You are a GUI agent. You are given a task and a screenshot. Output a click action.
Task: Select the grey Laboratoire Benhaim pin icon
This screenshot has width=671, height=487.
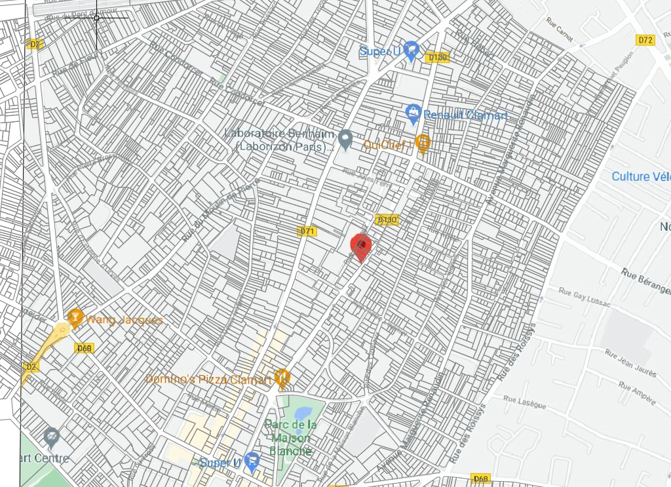pos(345,138)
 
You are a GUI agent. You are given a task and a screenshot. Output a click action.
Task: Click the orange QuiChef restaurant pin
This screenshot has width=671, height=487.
pos(423,142)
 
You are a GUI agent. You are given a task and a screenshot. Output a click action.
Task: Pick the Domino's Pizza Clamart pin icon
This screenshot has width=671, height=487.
pos(282,377)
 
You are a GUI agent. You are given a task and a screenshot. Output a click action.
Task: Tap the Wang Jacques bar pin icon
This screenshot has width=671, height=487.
pos(75,318)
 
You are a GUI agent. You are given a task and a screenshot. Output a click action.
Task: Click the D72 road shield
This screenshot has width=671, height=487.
pos(645,40)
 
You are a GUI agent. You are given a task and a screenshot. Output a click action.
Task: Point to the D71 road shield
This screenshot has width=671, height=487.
pos(307,231)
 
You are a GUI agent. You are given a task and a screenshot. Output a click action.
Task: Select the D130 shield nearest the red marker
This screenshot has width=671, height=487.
pos(387,220)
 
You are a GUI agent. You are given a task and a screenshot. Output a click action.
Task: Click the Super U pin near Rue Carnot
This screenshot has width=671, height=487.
pos(411,50)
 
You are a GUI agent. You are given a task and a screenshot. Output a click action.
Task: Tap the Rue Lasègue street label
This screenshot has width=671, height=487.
pos(524,398)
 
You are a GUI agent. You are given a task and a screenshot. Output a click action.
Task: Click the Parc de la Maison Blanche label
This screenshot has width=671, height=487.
pos(292,438)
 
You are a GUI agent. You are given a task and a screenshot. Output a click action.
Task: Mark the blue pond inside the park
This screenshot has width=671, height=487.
pos(303,414)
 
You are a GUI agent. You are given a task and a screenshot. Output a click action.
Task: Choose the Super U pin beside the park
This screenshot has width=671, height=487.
pos(252,461)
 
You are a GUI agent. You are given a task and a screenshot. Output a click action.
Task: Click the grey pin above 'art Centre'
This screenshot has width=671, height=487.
pos(51,436)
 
